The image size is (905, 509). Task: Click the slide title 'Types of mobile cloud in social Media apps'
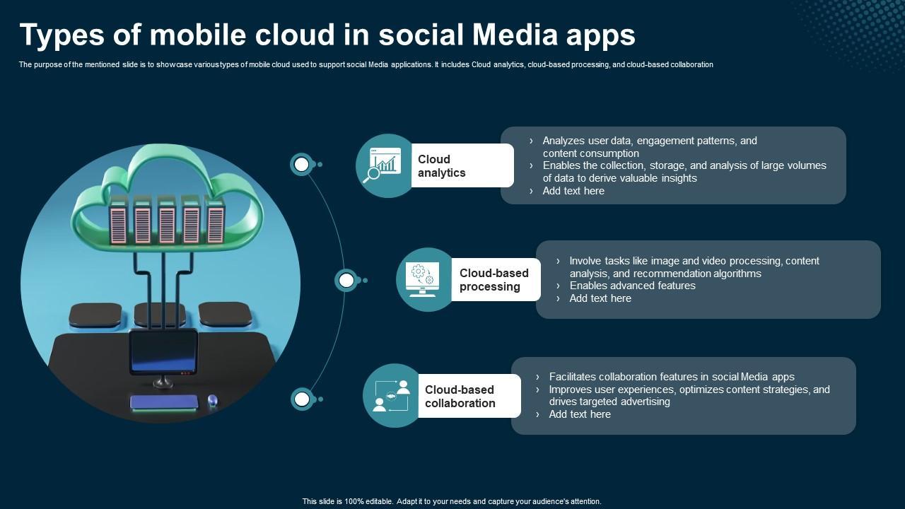pyautogui.click(x=327, y=35)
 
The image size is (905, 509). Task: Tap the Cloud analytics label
pyautogui.click(x=442, y=166)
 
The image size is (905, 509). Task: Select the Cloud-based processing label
pyautogui.click(x=494, y=280)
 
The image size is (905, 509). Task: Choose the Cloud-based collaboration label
pyautogui.click(x=460, y=397)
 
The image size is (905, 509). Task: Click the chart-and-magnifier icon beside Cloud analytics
pyautogui.click(x=383, y=165)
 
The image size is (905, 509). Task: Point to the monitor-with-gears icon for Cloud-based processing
pyautogui.click(x=423, y=280)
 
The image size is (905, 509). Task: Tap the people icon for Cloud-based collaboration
pyautogui.click(x=391, y=396)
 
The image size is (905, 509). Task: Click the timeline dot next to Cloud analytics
pyautogui.click(x=302, y=165)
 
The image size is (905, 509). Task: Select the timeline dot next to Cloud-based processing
pyautogui.click(x=346, y=281)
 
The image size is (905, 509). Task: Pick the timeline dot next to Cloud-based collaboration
pyautogui.click(x=302, y=399)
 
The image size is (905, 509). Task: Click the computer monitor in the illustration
pyautogui.click(x=163, y=352)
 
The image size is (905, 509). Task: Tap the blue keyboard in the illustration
pyautogui.click(x=164, y=402)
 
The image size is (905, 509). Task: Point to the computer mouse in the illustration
pyautogui.click(x=211, y=401)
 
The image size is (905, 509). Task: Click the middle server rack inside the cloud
pyautogui.click(x=167, y=220)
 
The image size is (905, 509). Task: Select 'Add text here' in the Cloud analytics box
pyautogui.click(x=573, y=191)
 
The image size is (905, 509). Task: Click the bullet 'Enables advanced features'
pyautogui.click(x=632, y=286)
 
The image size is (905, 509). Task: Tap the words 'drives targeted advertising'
pyautogui.click(x=609, y=402)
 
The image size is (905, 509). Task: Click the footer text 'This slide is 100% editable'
pyautogui.click(x=451, y=501)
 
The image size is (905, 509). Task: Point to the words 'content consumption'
pyautogui.click(x=590, y=153)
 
